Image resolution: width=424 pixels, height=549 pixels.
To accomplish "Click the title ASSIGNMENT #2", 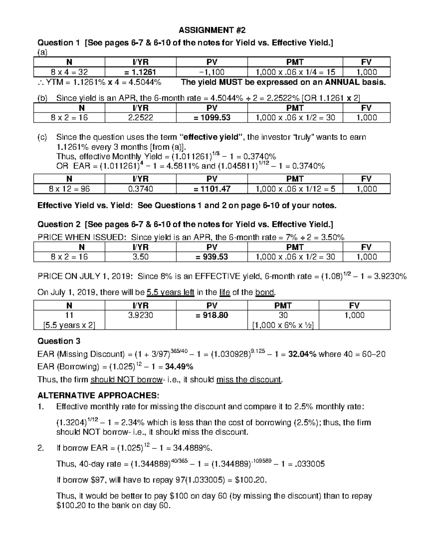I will (212, 30).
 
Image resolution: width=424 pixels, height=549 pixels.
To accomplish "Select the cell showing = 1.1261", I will (140, 72).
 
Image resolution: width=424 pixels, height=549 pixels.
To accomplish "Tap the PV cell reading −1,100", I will (212, 72).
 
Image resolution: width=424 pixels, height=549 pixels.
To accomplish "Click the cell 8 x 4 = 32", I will (69, 72).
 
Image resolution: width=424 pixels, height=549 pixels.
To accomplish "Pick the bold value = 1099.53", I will (212, 118).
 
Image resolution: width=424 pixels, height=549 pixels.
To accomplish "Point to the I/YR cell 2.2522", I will (140, 118).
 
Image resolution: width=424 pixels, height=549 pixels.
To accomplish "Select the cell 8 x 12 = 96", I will (69, 189).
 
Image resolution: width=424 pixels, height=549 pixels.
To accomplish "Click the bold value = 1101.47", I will (212, 189).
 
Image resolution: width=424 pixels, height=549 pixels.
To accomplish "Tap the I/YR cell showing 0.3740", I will (140, 189).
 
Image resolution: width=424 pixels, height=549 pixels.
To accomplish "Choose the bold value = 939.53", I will (212, 257).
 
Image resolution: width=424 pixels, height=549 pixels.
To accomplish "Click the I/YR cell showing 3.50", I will (140, 257).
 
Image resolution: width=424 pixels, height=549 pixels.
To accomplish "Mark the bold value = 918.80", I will (212, 315).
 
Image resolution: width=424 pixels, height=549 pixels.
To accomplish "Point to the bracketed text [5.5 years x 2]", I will (69, 325).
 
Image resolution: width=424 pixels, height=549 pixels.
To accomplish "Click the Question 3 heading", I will (59, 341).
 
